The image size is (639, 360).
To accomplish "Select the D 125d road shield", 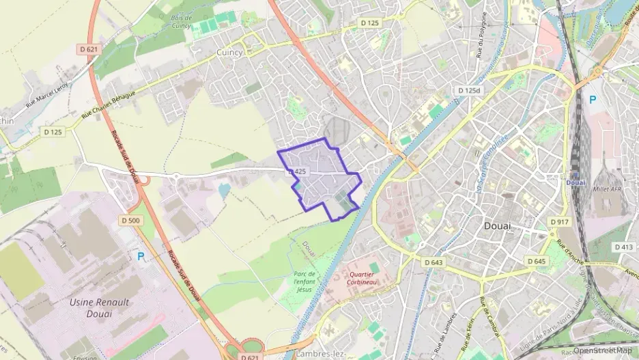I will click(x=469, y=90).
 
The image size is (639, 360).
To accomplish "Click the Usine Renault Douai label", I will click(x=98, y=307).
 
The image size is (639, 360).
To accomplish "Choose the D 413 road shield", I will click(x=623, y=247).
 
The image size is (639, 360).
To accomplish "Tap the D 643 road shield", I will click(x=433, y=262).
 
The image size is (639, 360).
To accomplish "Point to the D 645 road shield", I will click(x=537, y=262).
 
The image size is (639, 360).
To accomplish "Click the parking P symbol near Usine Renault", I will click(x=141, y=256).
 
